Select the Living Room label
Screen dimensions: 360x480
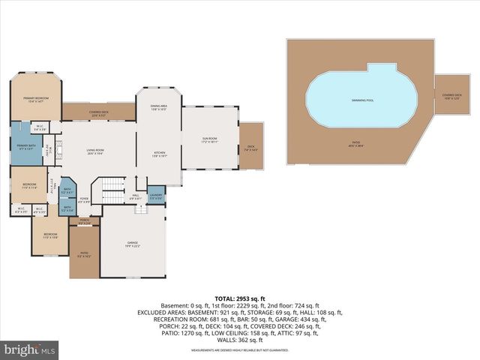pos(95,151)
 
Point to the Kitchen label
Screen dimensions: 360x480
pos(158,154)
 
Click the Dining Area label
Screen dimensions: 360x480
pos(158,107)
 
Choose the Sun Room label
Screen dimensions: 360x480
pos(209,140)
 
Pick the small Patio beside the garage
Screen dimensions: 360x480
pos(84,255)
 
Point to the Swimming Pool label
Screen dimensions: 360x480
pos(362,100)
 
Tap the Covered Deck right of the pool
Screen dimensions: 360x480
pos(451,95)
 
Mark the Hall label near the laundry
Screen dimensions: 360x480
pos(136,197)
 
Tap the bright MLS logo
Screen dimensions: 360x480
pos(30,349)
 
